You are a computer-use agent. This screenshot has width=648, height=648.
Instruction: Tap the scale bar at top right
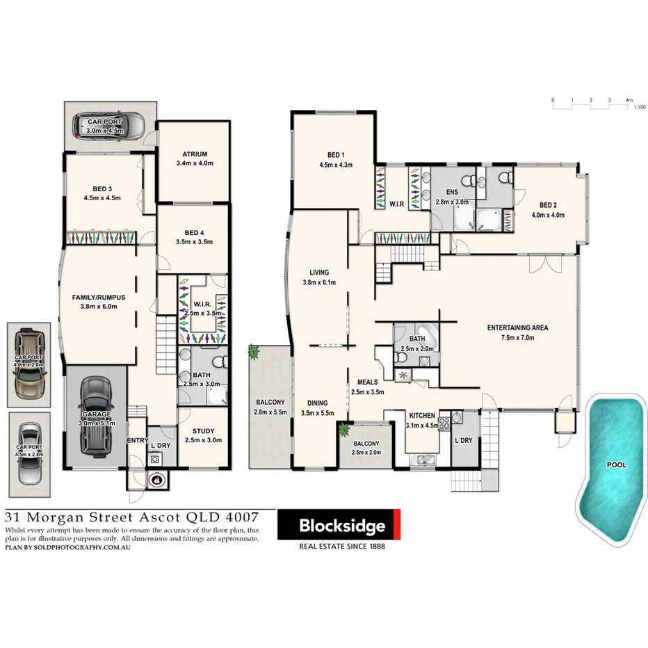point(591,100)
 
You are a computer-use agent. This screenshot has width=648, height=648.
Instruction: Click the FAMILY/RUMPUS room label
point(97,297)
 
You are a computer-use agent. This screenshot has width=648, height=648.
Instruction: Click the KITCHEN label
point(422,416)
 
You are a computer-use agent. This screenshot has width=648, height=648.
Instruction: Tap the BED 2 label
point(549,205)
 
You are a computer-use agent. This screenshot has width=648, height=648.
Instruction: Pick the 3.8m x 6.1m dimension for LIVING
point(319,282)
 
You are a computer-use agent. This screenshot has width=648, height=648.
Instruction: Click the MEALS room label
point(368,382)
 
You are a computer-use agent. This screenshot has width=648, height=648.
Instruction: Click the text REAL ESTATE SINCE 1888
point(341,546)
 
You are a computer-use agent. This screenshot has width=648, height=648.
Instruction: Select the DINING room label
point(319,403)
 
